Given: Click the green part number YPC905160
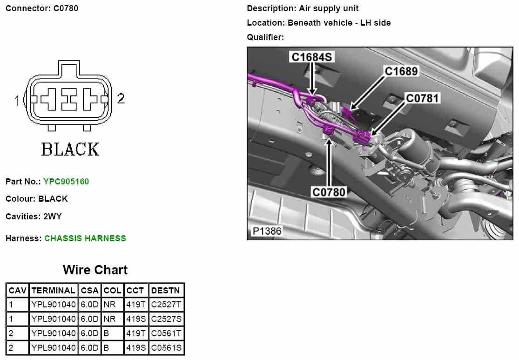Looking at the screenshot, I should tap(66, 182).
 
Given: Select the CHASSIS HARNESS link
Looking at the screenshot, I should tap(85, 238).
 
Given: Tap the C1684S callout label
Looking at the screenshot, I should tap(311, 57).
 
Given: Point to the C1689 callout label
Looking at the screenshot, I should tap(401, 71).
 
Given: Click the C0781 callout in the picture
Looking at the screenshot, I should tap(423, 98).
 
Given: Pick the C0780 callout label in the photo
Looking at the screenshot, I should tap(329, 192).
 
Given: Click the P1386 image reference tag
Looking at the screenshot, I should tap(267, 231).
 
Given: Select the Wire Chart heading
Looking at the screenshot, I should tap(95, 270).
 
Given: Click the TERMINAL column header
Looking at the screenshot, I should tap(54, 291).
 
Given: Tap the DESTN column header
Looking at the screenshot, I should tap(165, 291).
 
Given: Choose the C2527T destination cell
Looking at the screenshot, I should tap(166, 305).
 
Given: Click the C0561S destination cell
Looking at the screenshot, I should tap(166, 347).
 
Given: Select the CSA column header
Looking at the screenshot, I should tap(89, 291).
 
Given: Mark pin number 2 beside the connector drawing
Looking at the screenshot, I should tap(121, 99).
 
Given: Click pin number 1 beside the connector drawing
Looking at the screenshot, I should tap(17, 100).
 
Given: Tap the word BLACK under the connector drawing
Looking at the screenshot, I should tap(70, 149).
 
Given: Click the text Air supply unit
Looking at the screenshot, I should tap(329, 8).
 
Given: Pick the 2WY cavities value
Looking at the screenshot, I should tap(53, 217).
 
